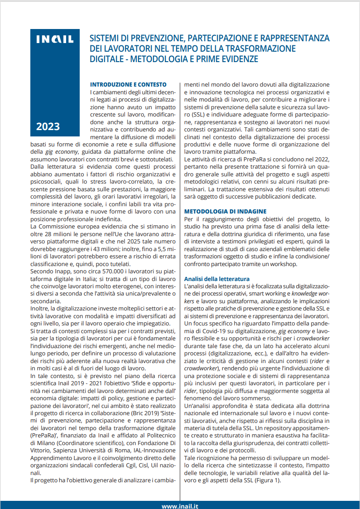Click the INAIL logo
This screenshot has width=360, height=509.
point(55,40)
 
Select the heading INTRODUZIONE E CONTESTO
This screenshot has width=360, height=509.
point(128,84)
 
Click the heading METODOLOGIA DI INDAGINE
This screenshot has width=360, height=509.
point(225,211)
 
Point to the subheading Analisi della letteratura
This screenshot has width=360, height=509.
point(216,278)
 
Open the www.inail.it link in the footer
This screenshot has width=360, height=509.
point(180,505)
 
